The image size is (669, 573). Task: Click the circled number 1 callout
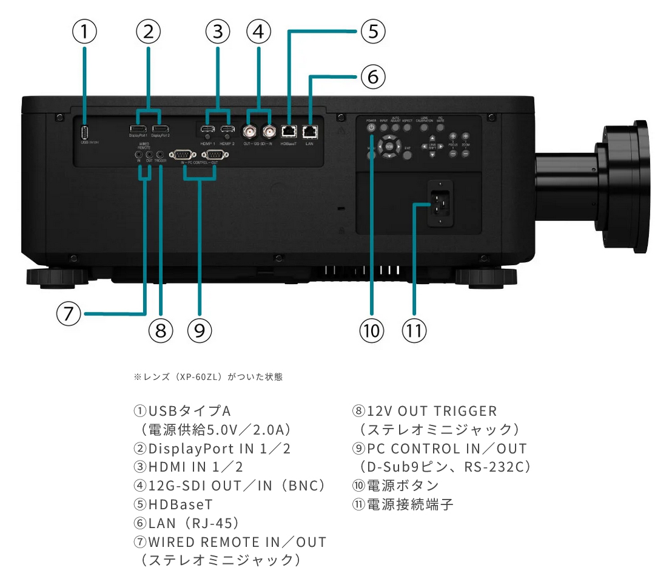point(84,32)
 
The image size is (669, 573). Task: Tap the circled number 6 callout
point(373,77)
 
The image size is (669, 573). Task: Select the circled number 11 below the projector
point(414,331)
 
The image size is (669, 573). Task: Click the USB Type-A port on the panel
point(84,132)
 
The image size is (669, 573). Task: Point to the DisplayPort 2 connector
point(160,129)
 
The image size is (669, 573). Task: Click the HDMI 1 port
point(207,130)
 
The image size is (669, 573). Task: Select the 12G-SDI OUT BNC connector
point(249,131)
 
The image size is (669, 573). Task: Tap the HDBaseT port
point(288,131)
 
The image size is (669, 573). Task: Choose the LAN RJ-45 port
point(310,131)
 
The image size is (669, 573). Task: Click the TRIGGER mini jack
point(160,155)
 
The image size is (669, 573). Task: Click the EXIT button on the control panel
point(408,155)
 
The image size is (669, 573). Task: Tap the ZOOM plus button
point(465,137)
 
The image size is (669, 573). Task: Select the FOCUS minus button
point(452,154)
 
